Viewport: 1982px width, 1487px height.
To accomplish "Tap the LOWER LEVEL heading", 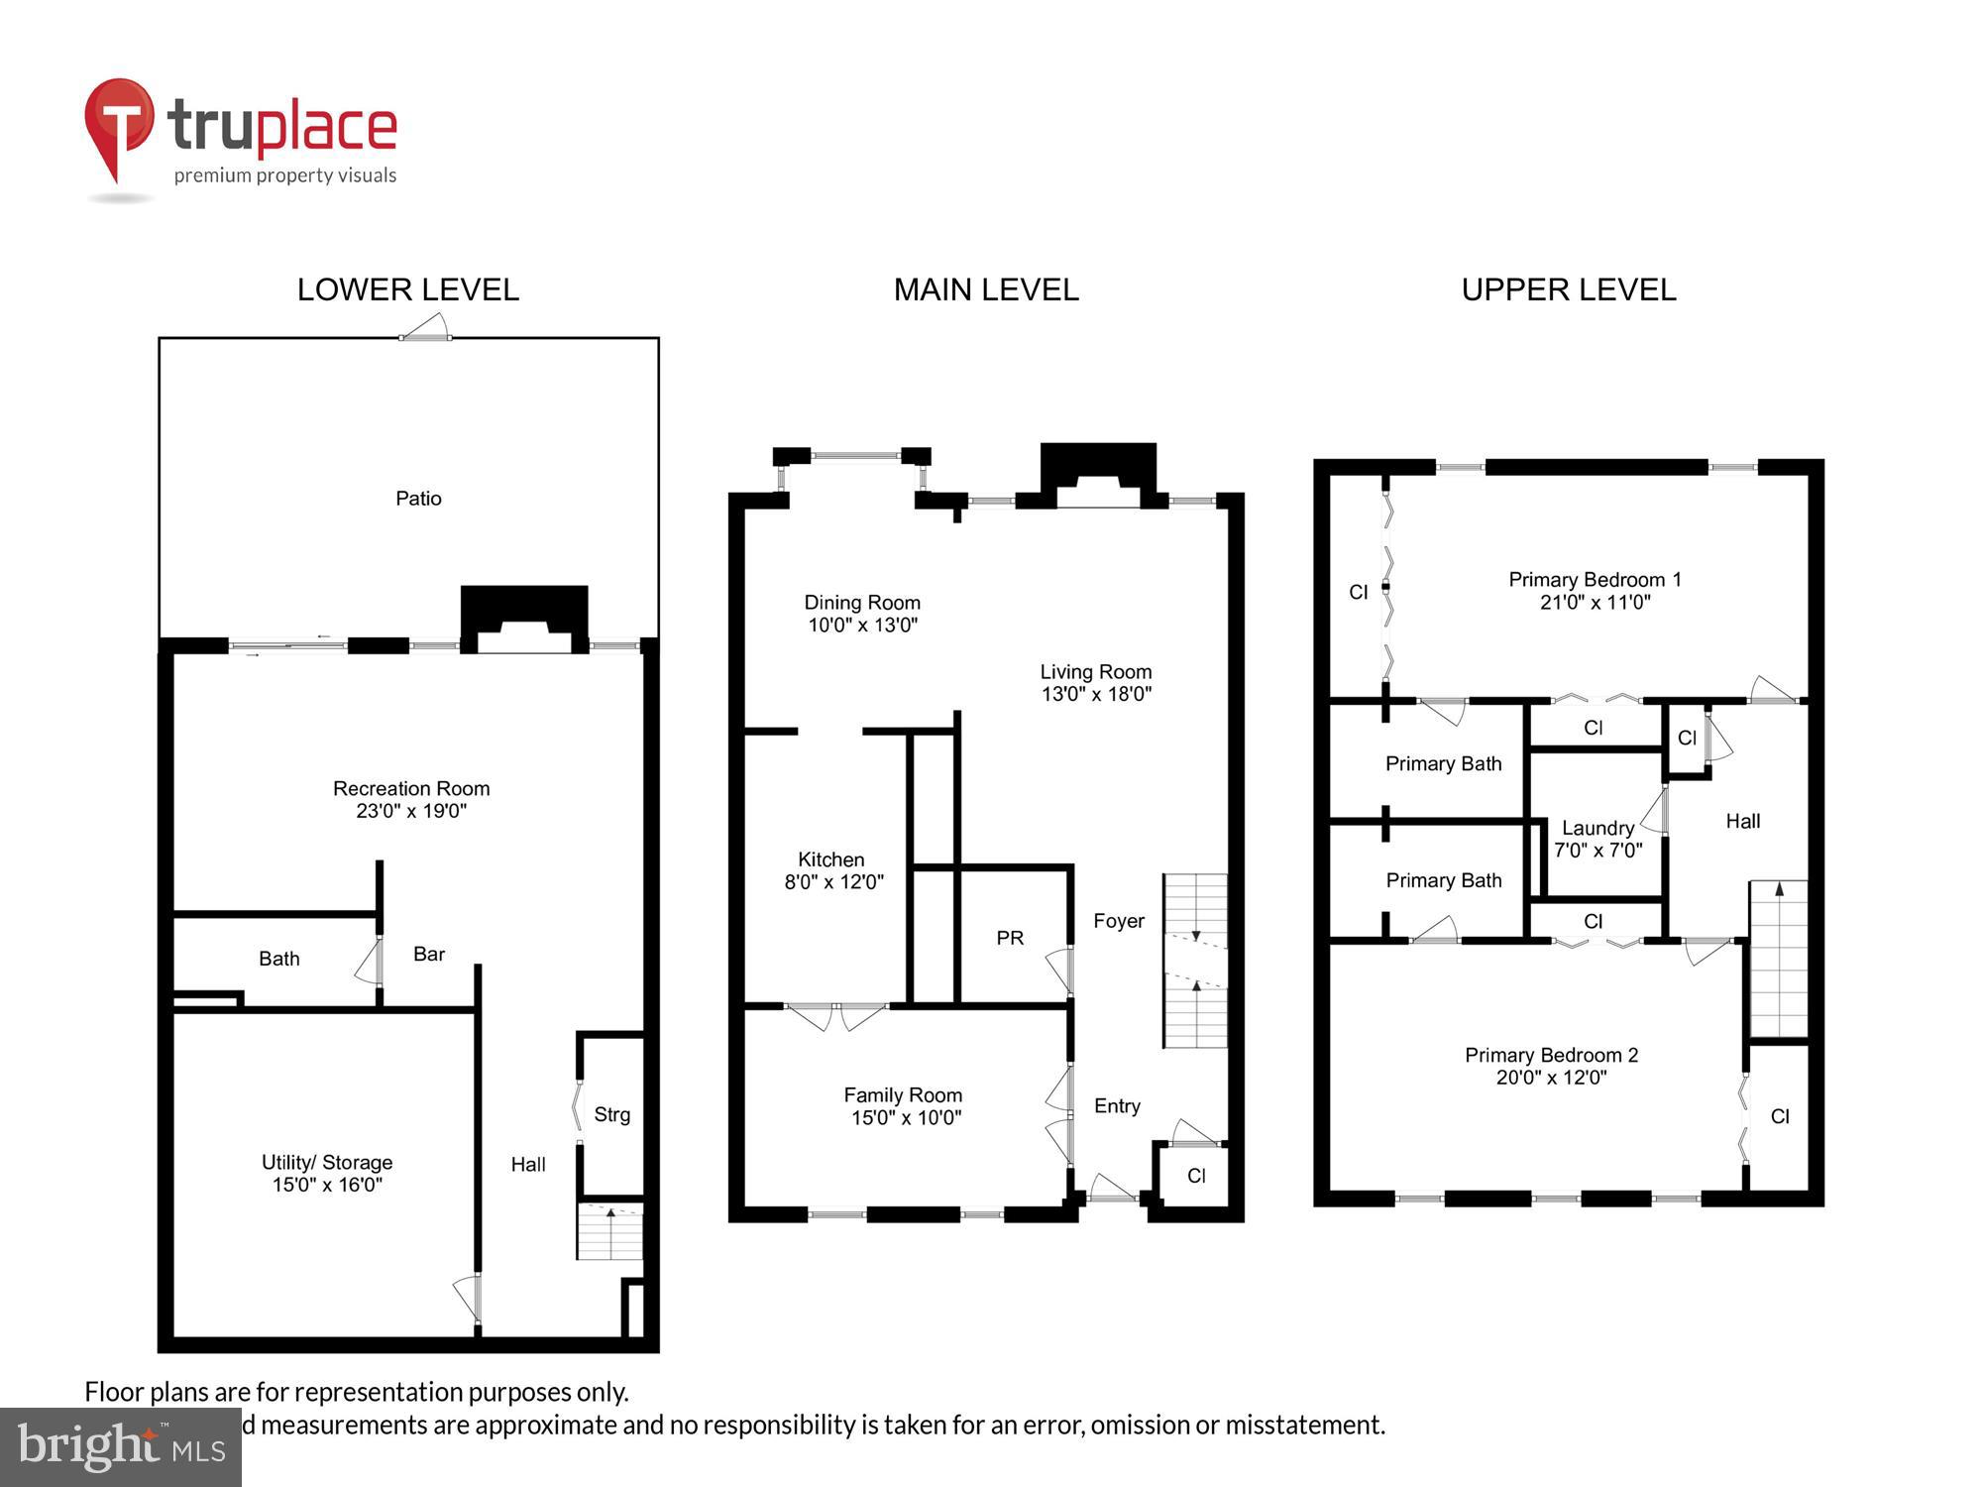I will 407,289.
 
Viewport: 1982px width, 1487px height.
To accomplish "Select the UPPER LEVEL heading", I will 1568,289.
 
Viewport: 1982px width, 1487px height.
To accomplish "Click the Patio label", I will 418,499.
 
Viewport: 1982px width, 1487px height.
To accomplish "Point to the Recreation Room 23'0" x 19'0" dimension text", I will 411,811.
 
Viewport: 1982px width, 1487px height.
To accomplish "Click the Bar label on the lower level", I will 428,954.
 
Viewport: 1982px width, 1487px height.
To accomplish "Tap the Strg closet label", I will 611,1114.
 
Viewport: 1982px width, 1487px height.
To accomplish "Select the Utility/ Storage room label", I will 327,1162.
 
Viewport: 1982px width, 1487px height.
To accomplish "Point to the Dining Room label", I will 861,603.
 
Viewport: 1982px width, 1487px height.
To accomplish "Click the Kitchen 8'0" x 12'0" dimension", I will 833,882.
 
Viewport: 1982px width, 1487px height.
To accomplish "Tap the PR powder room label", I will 1010,938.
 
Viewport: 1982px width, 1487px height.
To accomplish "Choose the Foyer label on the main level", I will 1119,921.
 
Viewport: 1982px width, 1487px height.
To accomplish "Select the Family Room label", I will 903,1095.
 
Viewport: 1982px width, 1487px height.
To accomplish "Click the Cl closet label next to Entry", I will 1196,1176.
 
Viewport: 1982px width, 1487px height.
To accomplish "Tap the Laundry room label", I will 1597,828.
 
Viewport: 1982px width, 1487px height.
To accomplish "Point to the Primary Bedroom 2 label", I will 1551,1056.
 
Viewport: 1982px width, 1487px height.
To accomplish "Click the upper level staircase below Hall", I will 1779,959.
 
